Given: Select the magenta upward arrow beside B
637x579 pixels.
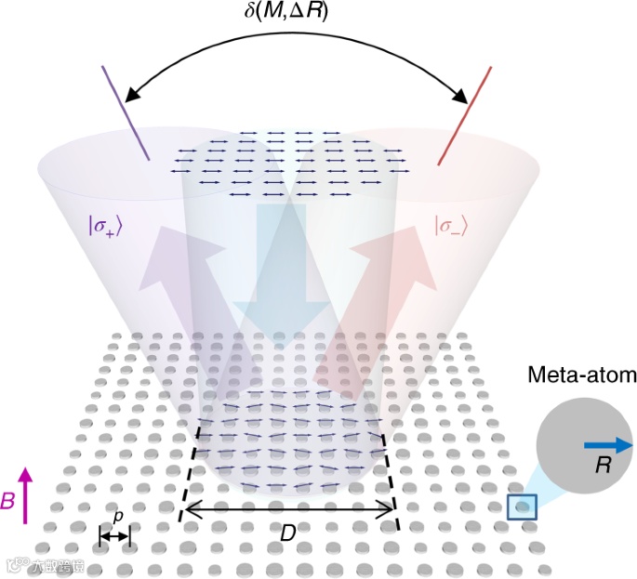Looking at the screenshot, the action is [x=25, y=496].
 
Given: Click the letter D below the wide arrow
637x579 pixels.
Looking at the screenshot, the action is [x=288, y=533].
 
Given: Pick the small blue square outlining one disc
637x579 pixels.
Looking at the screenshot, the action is [x=522, y=507].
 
